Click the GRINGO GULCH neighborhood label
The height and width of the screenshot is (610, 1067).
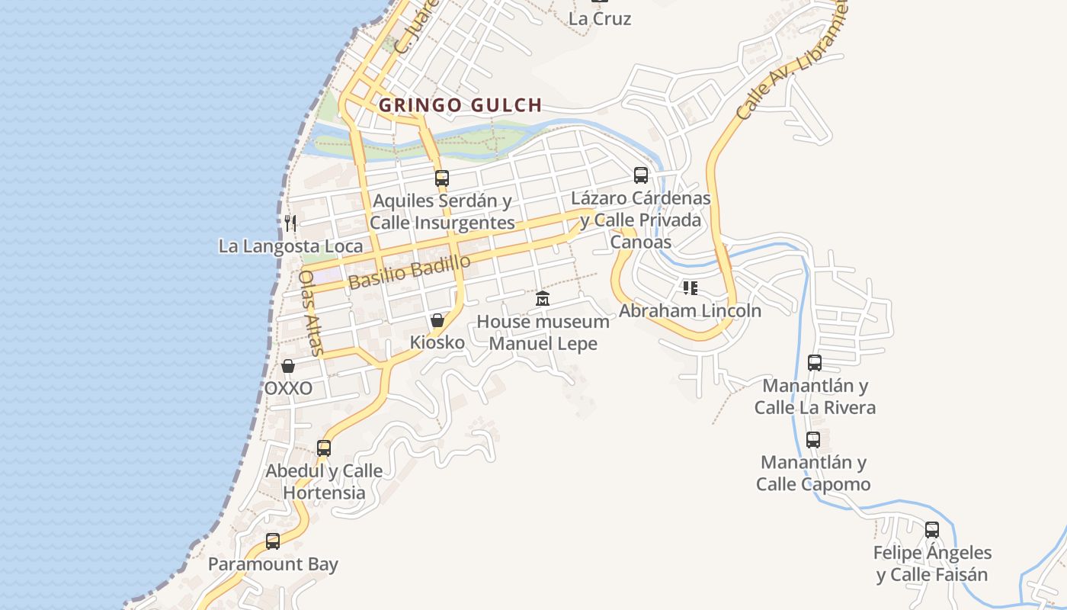[460, 105]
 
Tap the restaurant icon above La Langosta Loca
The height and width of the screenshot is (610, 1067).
[290, 223]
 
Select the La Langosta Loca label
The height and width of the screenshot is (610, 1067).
[290, 246]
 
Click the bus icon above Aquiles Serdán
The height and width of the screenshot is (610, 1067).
[441, 178]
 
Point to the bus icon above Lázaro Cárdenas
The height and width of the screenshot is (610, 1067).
[641, 175]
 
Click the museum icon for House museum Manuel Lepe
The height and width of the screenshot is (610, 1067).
[542, 299]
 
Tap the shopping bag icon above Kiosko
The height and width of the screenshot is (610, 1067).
[437, 320]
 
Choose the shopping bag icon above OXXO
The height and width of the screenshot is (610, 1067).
[288, 366]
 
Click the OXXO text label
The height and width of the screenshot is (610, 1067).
[288, 388]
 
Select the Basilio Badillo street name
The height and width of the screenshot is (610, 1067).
[409, 272]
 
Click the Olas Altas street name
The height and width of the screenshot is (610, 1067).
[312, 313]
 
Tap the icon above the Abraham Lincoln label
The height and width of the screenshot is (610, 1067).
[690, 288]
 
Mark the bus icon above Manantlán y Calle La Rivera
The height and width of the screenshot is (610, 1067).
[815, 363]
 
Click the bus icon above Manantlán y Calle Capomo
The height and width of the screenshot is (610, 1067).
[813, 440]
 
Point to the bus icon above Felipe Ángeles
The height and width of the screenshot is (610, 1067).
[932, 530]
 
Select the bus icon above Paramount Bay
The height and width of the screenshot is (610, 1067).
[273, 541]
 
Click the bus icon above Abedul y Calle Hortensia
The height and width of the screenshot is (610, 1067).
[324, 448]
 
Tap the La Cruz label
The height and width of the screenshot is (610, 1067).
[600, 18]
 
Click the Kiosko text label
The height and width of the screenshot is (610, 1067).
[437, 342]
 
